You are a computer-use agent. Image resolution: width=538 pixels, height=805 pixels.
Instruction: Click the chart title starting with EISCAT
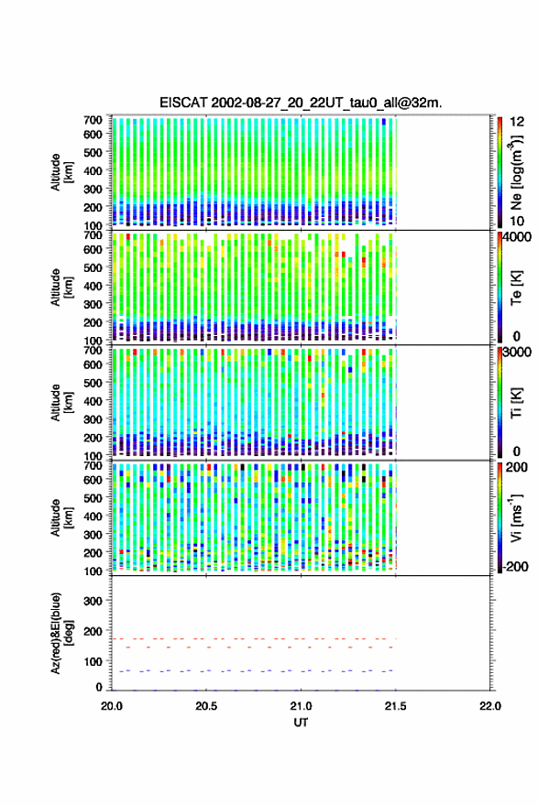[301, 103]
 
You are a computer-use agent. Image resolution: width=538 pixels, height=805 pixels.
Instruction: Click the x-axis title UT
[301, 723]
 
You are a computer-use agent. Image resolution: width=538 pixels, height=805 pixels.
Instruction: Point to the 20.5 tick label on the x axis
[206, 706]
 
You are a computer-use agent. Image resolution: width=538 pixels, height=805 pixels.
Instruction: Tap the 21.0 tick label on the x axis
[301, 706]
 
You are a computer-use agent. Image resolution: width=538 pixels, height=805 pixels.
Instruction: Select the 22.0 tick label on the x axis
[490, 706]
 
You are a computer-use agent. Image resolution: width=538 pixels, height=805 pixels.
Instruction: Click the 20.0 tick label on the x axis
[112, 706]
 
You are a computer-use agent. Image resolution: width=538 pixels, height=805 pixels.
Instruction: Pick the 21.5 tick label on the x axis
[395, 706]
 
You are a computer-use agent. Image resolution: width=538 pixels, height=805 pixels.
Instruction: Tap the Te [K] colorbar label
[516, 288]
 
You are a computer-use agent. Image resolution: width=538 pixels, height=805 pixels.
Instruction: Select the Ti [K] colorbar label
[516, 403]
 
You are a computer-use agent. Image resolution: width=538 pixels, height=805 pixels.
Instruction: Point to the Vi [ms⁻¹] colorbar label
[516, 517]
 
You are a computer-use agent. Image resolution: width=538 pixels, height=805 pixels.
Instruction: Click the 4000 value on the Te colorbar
[518, 238]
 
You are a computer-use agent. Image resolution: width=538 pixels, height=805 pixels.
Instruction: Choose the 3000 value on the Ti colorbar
[518, 353]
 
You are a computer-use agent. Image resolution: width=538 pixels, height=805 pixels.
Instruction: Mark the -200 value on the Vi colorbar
[516, 567]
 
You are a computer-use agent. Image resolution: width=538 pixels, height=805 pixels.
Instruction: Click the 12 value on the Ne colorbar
[518, 122]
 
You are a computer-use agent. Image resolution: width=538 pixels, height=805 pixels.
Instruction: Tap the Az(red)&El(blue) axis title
[60, 633]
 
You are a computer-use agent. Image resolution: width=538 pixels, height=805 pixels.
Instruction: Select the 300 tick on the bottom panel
[93, 601]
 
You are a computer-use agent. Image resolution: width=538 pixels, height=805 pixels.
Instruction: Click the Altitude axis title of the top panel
[60, 172]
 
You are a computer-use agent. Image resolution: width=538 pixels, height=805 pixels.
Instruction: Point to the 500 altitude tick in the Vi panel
[93, 497]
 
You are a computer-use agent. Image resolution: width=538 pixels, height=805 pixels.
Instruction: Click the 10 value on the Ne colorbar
[518, 222]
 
